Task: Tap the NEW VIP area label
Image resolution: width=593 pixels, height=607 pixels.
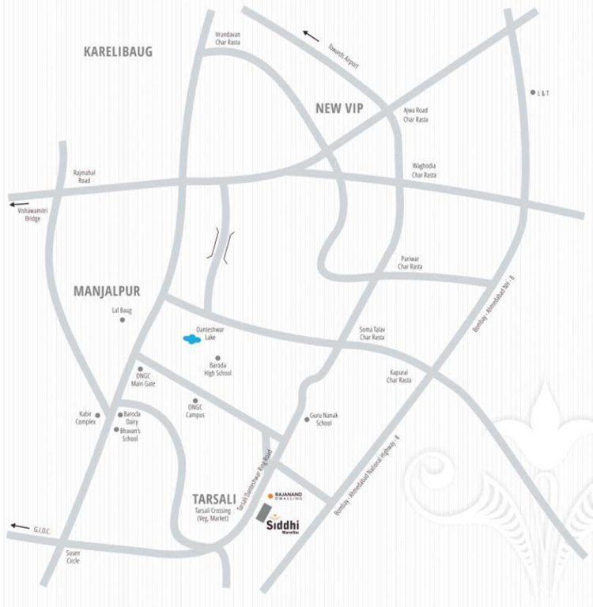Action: (x=338, y=108)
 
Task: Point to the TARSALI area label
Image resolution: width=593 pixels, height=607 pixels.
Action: (x=214, y=499)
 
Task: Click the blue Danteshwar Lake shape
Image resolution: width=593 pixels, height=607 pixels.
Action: (x=191, y=340)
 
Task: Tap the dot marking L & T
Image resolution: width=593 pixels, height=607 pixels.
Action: (x=533, y=92)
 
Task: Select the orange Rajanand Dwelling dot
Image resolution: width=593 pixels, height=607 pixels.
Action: (x=270, y=496)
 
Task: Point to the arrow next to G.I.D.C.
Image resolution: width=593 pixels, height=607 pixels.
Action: (x=19, y=526)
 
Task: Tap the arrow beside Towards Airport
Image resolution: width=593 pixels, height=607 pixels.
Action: (x=312, y=36)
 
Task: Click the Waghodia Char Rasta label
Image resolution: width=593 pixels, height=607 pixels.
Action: (x=424, y=170)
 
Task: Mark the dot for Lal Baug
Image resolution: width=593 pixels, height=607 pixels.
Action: (x=123, y=320)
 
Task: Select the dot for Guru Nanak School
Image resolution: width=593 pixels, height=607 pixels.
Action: (x=306, y=418)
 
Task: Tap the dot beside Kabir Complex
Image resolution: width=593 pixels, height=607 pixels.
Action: (x=98, y=415)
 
